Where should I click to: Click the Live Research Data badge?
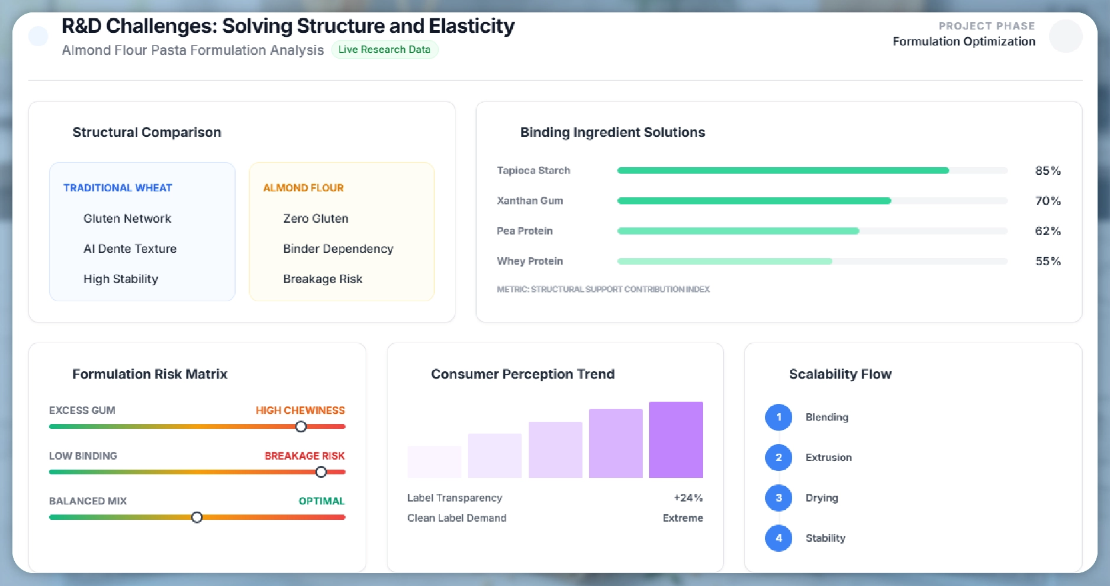click(x=384, y=50)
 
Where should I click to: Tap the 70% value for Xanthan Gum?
click(x=1047, y=201)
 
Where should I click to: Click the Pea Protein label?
click(x=525, y=231)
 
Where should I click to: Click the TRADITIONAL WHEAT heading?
click(x=118, y=188)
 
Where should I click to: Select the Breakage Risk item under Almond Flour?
click(x=323, y=279)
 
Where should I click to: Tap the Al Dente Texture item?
click(x=130, y=249)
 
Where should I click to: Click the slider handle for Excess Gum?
click(x=301, y=427)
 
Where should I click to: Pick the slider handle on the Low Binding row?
click(x=321, y=472)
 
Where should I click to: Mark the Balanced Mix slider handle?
click(x=197, y=517)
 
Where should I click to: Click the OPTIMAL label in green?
click(x=321, y=501)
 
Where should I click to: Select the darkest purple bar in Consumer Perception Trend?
click(x=676, y=439)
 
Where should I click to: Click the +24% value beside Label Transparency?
click(x=688, y=498)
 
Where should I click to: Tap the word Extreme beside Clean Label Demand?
click(x=682, y=518)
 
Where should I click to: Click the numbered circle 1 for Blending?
click(x=779, y=417)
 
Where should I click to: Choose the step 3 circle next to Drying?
click(x=779, y=498)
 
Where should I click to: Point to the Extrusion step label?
click(x=828, y=457)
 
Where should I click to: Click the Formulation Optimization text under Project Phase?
click(x=963, y=41)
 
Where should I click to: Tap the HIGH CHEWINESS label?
click(x=300, y=411)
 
